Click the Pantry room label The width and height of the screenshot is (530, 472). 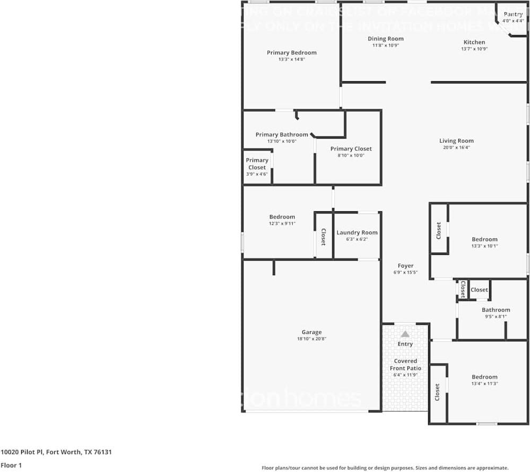point(513,14)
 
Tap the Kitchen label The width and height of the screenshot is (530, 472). point(474,42)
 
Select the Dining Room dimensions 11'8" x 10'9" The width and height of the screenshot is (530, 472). point(386,46)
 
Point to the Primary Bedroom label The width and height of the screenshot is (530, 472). point(291,53)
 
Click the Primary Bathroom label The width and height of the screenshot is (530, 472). point(282,135)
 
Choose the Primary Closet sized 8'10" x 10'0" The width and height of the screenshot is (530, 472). point(351,149)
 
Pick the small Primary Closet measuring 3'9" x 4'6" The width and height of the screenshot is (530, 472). point(257,164)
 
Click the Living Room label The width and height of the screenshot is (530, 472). point(456,141)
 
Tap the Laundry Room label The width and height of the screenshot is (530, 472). point(357,233)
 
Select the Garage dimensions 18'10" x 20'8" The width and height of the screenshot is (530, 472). point(311,339)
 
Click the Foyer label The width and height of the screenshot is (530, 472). point(406,266)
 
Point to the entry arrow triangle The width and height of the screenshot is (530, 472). point(405,334)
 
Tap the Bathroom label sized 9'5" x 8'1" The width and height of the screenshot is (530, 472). point(496,310)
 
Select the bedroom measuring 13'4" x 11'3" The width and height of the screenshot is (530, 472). point(485,377)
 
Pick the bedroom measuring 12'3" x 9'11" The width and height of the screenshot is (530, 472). point(282,217)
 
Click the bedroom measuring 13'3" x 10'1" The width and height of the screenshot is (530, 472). point(485,239)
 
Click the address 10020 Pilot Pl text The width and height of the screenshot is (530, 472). point(56,452)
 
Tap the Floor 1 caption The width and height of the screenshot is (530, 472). point(12,465)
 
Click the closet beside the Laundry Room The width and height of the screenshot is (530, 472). point(323,237)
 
